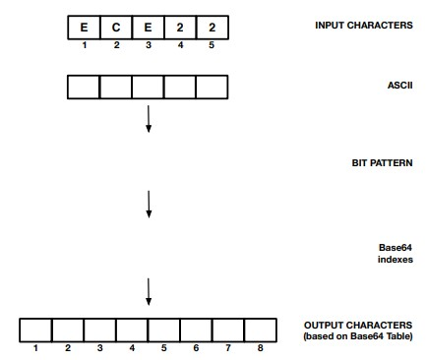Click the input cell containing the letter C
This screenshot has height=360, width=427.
[x=115, y=26]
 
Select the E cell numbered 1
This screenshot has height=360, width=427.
[x=84, y=26]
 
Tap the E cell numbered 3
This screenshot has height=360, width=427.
[x=148, y=26]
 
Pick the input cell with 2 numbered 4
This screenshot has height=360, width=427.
[x=179, y=26]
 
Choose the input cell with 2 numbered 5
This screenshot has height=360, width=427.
[x=212, y=26]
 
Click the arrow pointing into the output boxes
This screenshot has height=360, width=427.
[x=148, y=291]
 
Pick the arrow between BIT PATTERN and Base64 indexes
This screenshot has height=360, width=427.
[x=148, y=203]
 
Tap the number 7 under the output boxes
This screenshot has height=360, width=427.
[x=228, y=348]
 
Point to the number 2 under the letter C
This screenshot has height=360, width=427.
[x=115, y=44]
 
